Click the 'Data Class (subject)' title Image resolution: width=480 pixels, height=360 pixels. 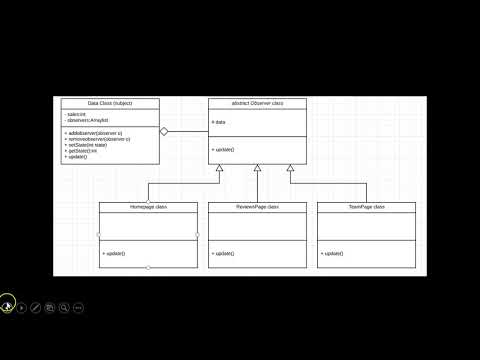[x=110, y=103]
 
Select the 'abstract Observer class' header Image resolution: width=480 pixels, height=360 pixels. [x=257, y=103]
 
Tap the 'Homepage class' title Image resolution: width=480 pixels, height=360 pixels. [x=148, y=206]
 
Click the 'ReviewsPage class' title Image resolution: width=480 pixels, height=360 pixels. [x=258, y=206]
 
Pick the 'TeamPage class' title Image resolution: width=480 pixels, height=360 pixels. [x=366, y=206]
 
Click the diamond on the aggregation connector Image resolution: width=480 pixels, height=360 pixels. [x=166, y=131]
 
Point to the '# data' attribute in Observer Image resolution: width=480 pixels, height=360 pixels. [x=219, y=122]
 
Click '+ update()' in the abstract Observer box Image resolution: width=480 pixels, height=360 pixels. [x=222, y=149]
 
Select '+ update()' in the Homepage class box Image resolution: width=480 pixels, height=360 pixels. [x=113, y=254]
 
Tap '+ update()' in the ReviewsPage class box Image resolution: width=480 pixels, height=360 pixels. [x=222, y=254]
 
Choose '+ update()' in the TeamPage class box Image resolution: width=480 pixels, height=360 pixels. [x=331, y=254]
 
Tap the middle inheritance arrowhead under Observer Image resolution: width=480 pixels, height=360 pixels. [x=257, y=167]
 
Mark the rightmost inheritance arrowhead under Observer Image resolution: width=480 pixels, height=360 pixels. [x=291, y=167]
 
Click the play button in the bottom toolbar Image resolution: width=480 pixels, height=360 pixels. [x=22, y=308]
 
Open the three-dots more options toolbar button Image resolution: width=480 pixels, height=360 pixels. [x=78, y=308]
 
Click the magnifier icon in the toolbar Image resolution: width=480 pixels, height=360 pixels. [x=64, y=308]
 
